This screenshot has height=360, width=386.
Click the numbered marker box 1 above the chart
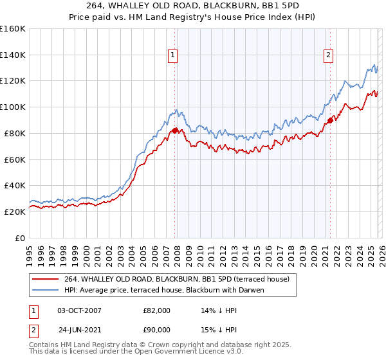tap(174, 56)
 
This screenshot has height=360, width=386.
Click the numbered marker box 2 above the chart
tap(328, 56)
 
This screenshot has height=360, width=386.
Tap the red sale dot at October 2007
tap(175, 130)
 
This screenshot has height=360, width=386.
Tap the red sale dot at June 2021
tap(330, 120)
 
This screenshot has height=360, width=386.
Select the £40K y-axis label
tap(15, 185)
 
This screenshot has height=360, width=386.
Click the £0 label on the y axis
tap(21, 238)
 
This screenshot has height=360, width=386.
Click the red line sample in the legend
tap(46, 279)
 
